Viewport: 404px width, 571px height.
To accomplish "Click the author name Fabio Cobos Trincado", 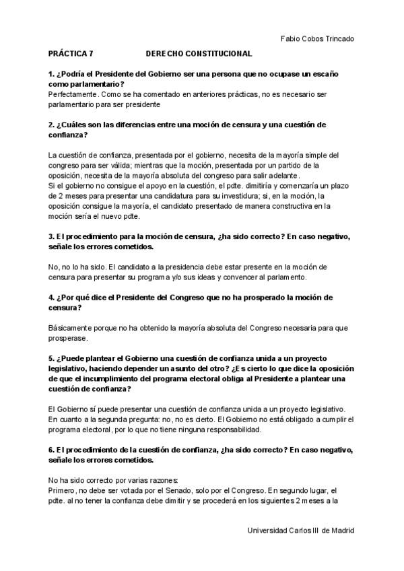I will [316, 39].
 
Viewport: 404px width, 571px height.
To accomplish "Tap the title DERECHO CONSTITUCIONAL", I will [199, 53].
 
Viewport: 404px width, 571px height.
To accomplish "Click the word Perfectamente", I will [73, 96].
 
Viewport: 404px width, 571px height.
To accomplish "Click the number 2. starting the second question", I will [52, 125].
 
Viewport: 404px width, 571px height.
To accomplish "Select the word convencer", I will [228, 277].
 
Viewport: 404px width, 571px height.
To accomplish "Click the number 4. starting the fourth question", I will [52, 297].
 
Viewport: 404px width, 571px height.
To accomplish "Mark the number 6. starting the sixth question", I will [52, 449].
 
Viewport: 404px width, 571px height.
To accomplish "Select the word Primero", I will [63, 490].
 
